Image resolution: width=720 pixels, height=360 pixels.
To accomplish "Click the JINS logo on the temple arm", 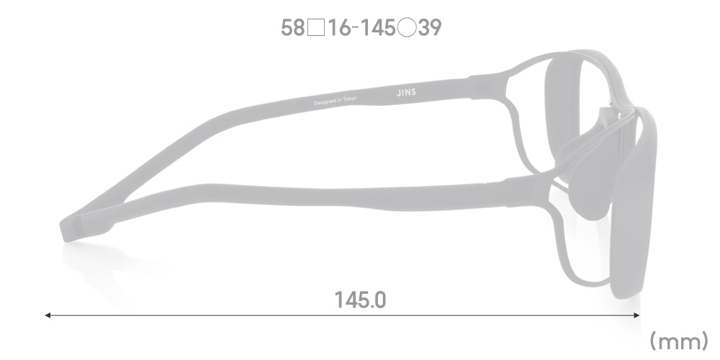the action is coord(406,92).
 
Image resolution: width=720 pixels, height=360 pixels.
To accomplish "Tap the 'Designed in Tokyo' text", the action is coord(336,101).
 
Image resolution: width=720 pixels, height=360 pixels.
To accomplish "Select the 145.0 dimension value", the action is coord(361,300).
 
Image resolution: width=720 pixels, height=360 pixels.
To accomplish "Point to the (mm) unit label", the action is coord(679,341).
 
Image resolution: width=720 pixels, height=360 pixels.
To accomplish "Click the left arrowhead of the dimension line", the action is coord(48,315).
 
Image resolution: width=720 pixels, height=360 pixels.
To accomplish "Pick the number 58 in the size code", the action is coord(293,28).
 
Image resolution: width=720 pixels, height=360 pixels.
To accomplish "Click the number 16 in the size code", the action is coord(340,28).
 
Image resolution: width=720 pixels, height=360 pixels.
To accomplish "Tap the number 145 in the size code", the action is coord(377,28).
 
